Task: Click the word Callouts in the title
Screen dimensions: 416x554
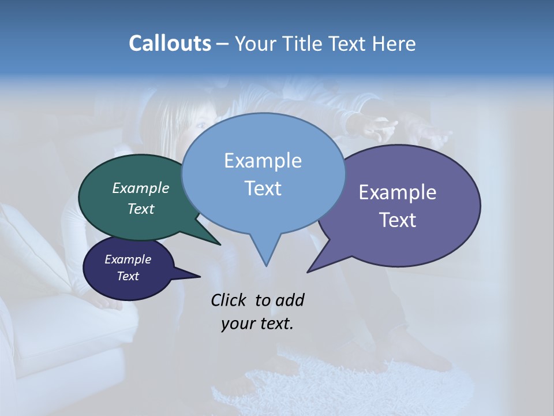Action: point(170,44)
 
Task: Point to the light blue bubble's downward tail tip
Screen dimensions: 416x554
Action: point(266,266)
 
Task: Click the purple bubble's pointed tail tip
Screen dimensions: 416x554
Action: point(308,272)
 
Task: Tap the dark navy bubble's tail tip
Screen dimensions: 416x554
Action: point(200,276)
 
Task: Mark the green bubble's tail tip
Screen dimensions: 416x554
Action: point(220,244)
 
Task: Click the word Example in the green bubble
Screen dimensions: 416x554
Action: point(141,188)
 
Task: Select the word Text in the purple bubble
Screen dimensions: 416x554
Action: point(398,220)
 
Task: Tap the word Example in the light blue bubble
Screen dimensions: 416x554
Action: point(263,161)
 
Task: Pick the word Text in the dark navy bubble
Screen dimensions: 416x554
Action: point(128,276)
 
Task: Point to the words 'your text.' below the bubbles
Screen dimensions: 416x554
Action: point(257,324)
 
